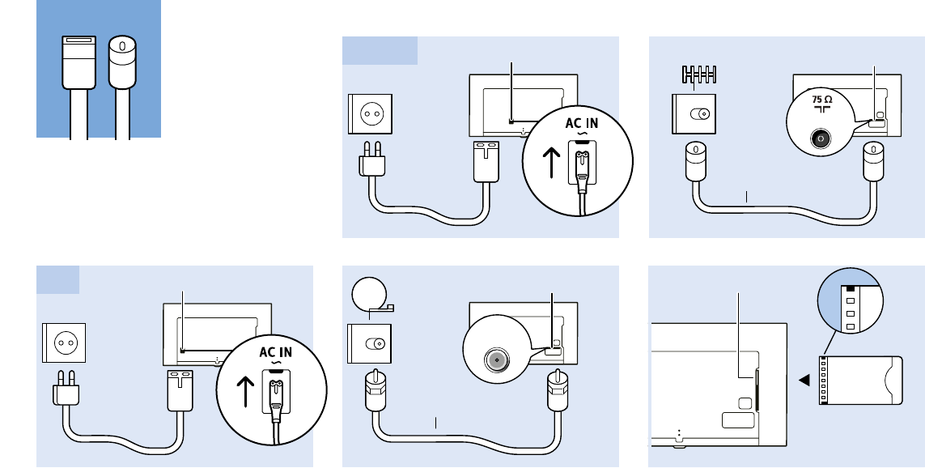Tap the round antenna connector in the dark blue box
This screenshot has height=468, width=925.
(x=122, y=62)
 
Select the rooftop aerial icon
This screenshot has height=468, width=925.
(x=698, y=76)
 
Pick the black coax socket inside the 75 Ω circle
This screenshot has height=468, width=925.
(x=821, y=138)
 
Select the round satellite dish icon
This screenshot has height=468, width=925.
(x=370, y=294)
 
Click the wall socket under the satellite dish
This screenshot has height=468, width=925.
(x=370, y=343)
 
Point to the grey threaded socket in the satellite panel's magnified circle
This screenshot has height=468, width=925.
(x=494, y=359)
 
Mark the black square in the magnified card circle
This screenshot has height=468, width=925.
(x=850, y=287)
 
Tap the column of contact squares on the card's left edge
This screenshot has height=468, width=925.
(x=824, y=381)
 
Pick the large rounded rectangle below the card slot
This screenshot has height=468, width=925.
(x=736, y=419)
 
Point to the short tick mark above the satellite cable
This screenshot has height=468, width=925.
(x=436, y=422)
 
